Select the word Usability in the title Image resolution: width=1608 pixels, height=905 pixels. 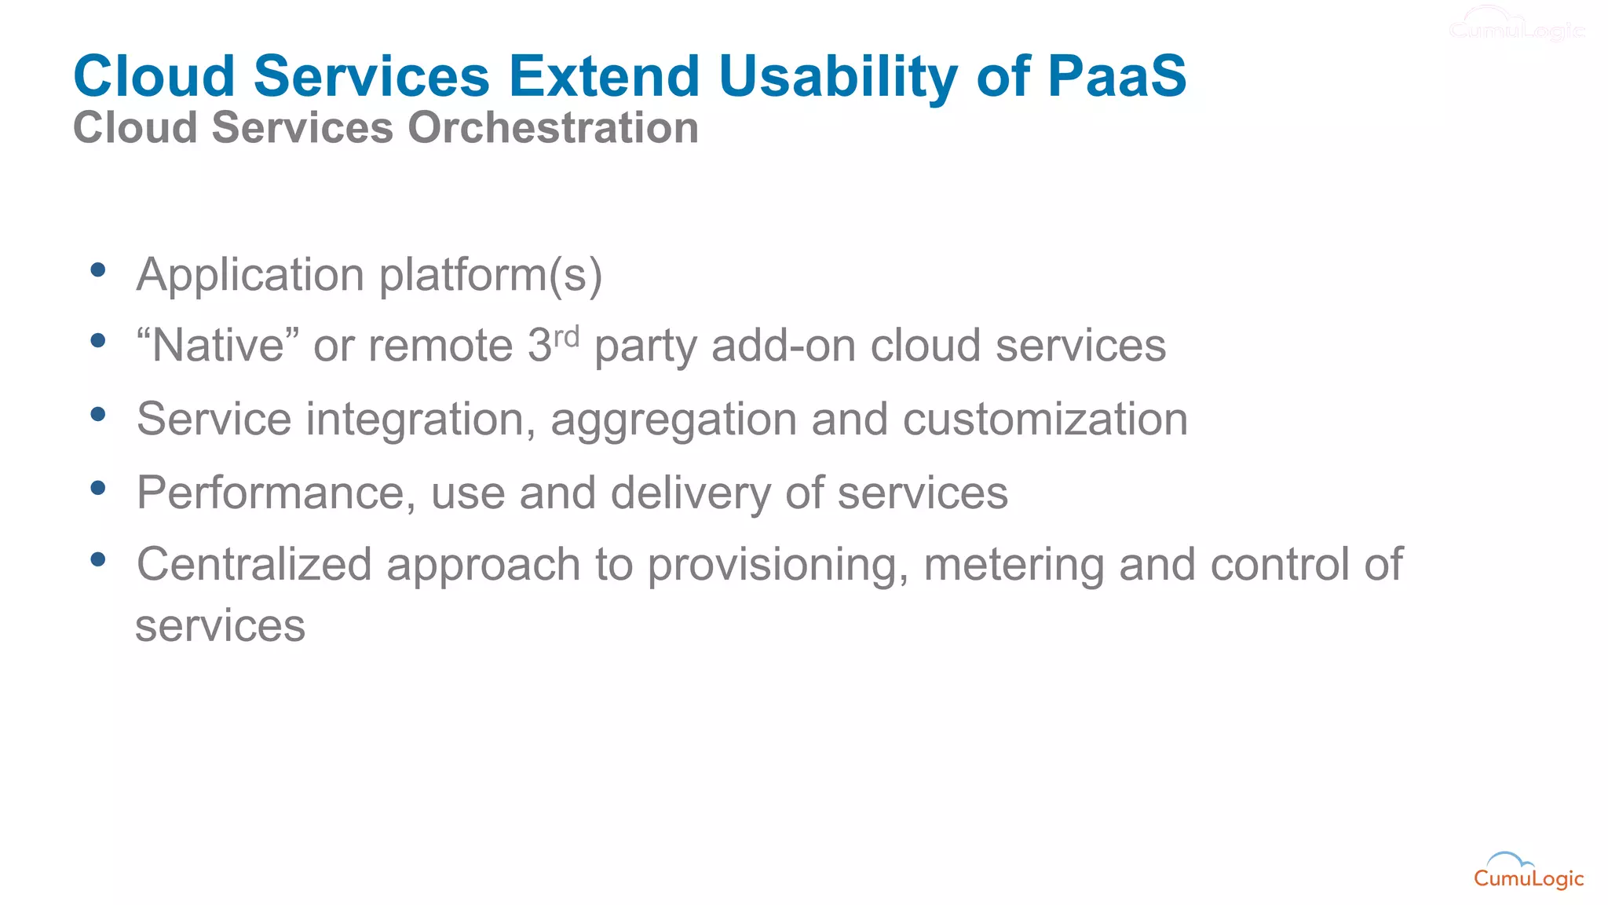tap(838, 76)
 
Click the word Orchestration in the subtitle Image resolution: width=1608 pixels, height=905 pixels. tap(553, 127)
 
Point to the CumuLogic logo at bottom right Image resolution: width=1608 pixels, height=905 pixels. tap(1528, 872)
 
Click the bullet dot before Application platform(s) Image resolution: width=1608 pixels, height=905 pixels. tap(98, 270)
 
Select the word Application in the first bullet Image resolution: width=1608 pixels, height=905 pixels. tap(250, 275)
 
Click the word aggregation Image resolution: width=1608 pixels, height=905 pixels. tap(674, 420)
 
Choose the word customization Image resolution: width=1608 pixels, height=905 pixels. tap(1045, 419)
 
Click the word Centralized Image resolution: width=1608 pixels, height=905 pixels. tap(254, 565)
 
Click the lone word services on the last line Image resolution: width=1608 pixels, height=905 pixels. tap(220, 626)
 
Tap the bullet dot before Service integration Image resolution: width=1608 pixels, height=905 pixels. tap(98, 415)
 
